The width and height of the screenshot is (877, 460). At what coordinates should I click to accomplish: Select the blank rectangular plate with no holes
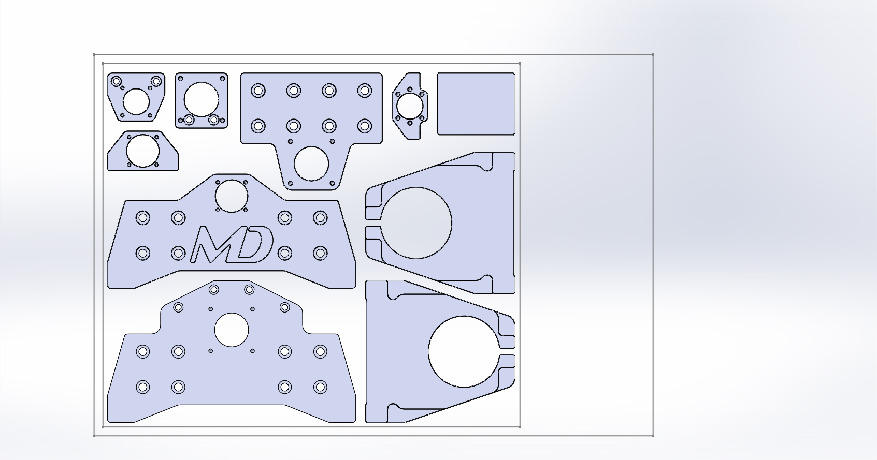click(x=476, y=103)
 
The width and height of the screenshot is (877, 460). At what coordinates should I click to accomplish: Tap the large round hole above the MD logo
click(x=232, y=196)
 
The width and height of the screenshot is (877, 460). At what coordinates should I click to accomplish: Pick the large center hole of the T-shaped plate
click(x=311, y=164)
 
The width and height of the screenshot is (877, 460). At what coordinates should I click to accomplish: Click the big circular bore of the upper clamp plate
click(x=416, y=223)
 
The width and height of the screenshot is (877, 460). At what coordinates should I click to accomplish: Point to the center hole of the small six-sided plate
click(x=410, y=106)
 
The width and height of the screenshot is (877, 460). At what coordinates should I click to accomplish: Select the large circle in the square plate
click(x=201, y=99)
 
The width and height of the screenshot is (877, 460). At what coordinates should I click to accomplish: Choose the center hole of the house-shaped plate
click(x=142, y=151)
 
